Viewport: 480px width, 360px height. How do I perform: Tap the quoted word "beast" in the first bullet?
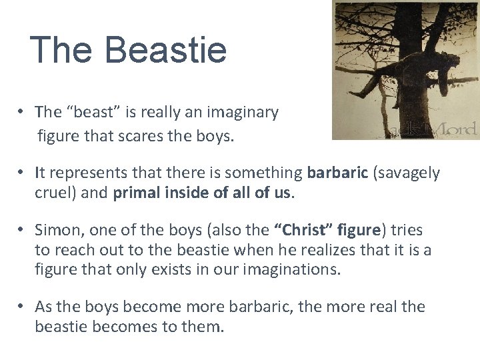click(x=89, y=113)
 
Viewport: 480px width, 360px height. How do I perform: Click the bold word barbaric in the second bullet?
click(x=337, y=173)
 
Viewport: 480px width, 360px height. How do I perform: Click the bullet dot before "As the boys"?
click(x=22, y=307)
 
